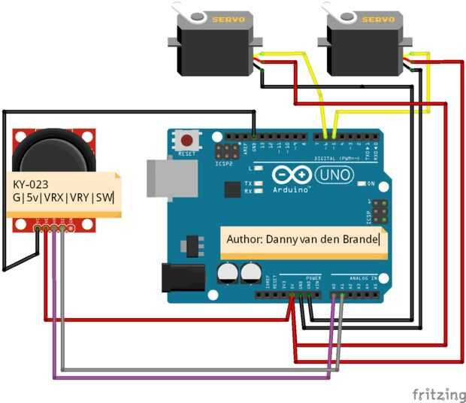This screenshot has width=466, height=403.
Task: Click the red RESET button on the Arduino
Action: pos(187,141)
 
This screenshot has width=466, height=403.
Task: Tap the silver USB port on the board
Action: pos(164,179)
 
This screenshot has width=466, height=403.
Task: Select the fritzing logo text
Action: pos(438,394)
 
